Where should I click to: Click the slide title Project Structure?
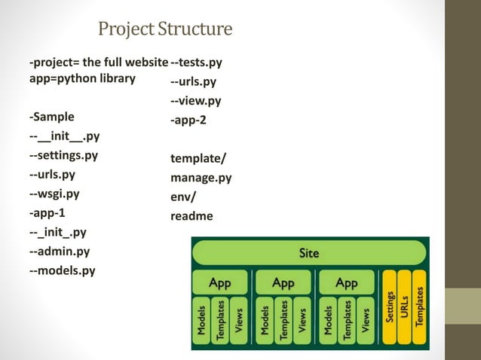[x=165, y=29]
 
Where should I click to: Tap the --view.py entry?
[x=196, y=101]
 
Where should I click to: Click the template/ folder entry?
[x=198, y=159]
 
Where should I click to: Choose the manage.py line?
[x=201, y=178]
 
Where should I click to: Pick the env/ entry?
[x=182, y=197]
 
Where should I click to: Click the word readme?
[x=191, y=216]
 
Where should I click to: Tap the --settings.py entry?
[x=63, y=156]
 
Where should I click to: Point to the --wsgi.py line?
[x=54, y=194]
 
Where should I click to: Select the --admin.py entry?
[x=60, y=251]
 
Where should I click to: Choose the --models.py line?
[x=62, y=270]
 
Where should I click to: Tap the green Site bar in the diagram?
[x=309, y=253]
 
